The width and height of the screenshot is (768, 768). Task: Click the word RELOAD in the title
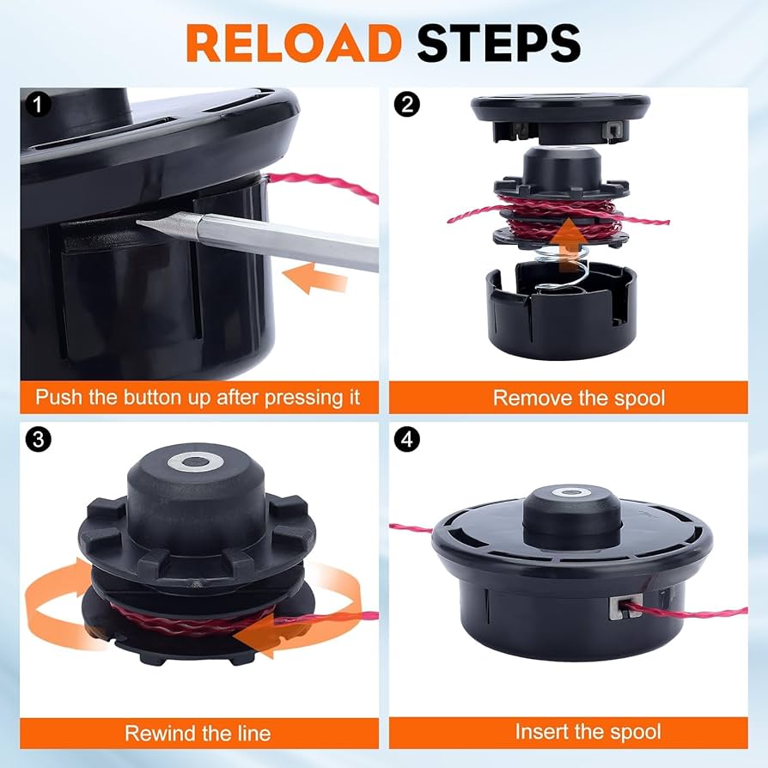point(293,43)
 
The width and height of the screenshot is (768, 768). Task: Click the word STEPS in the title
point(499,43)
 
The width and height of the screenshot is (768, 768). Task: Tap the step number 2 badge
point(406,105)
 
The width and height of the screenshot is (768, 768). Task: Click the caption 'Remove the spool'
point(578,398)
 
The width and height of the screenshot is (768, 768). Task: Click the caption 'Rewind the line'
point(198,733)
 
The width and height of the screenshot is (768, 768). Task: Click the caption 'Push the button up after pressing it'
point(198,398)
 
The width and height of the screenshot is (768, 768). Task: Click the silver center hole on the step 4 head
point(571,494)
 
